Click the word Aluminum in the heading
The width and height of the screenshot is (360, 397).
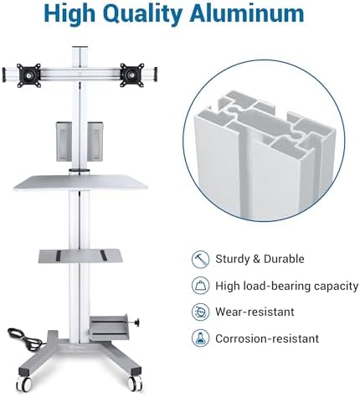pos(247,13)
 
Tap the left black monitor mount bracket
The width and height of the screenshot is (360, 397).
pos(28,75)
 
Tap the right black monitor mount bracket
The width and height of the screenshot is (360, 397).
pos(132,75)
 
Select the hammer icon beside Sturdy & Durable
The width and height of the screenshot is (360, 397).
pos(200,260)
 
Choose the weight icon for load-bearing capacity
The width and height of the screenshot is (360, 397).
pos(200,286)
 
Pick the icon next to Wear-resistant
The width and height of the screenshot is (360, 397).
pos(200,312)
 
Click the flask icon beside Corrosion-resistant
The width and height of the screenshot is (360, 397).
pos(200,338)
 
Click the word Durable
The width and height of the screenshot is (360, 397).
pos(284,259)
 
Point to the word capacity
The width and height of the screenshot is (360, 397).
pos(336,286)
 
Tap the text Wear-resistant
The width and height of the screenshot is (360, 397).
pos(255,312)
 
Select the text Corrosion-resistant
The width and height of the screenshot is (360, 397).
pos(267,338)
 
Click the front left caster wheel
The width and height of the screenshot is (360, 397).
pos(23,384)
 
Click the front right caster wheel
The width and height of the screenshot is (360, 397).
pos(136,384)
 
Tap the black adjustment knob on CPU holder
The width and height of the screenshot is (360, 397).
pos(136,322)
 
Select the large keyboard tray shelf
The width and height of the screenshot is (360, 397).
pos(80,182)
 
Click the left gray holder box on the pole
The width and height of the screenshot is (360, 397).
pos(64,142)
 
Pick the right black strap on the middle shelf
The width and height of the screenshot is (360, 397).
pos(104,255)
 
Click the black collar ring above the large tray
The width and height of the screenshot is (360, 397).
pos(80,170)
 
